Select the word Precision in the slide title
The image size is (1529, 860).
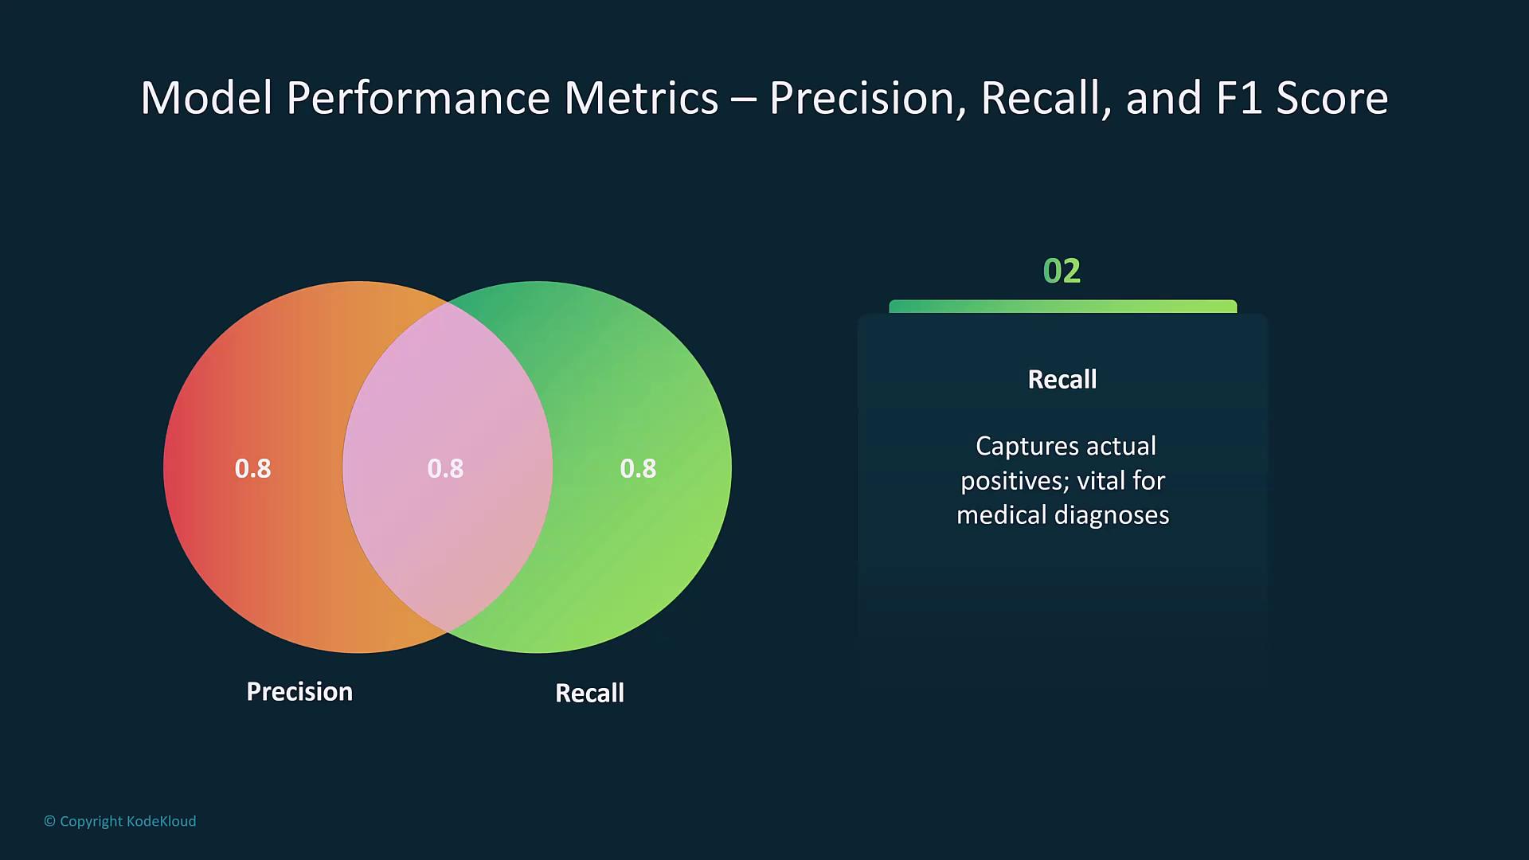pyautogui.click(x=862, y=99)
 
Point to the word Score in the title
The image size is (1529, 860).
pyautogui.click(x=1332, y=99)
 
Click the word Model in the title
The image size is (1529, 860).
pyautogui.click(x=206, y=99)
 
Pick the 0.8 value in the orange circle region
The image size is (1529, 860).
pyautogui.click(x=252, y=468)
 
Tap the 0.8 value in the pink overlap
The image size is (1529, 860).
pyautogui.click(x=445, y=468)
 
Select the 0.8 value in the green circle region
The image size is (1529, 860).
pyautogui.click(x=638, y=468)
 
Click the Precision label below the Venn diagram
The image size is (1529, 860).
pyautogui.click(x=299, y=691)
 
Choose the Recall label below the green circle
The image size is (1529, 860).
pyautogui.click(x=589, y=693)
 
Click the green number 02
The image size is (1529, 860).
pyautogui.click(x=1062, y=271)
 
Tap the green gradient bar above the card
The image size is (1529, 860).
pyautogui.click(x=1062, y=307)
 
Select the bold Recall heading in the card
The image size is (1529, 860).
pyautogui.click(x=1062, y=379)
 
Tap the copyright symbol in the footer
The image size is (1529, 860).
pyautogui.click(x=49, y=821)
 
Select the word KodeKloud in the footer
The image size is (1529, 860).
pyautogui.click(x=161, y=821)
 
